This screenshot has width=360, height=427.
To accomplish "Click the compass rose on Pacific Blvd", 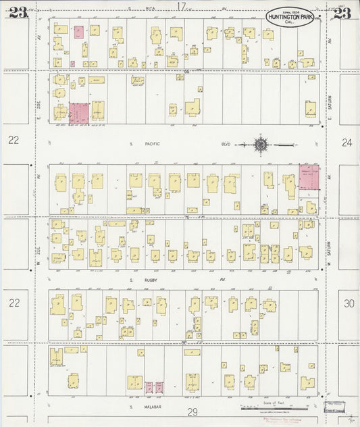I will pyautogui.click(x=260, y=143).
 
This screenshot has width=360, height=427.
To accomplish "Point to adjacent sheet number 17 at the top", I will pyautogui.click(x=180, y=6).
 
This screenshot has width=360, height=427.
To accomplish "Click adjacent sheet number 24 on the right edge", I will pyautogui.click(x=347, y=142).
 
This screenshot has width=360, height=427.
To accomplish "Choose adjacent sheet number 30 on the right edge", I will pyautogui.click(x=347, y=303).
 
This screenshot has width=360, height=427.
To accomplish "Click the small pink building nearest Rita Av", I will pyautogui.click(x=78, y=32).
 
